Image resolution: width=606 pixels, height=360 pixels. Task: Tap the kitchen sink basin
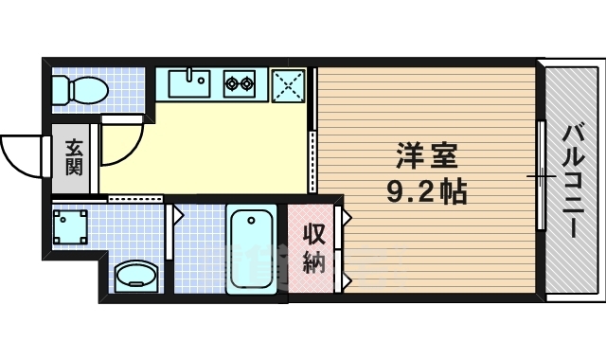(x=189, y=83)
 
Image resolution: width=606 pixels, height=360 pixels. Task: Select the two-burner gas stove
(x=240, y=83)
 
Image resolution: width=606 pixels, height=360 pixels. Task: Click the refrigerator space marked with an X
(x=288, y=83)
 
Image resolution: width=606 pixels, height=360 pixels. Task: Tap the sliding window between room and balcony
(x=541, y=175)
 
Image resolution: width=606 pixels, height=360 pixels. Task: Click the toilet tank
(x=60, y=91)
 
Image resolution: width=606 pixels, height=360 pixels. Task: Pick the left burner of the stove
(x=232, y=83)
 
